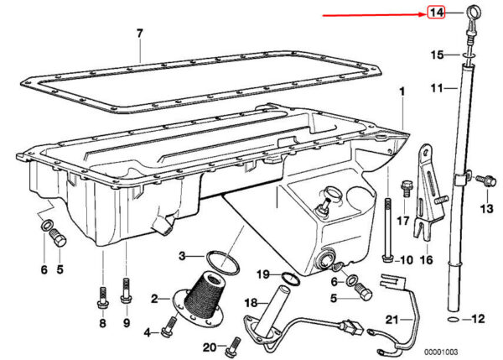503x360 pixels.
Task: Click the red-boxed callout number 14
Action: (x=436, y=13)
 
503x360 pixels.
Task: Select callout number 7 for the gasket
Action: (x=139, y=33)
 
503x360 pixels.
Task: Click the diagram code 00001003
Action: (x=441, y=352)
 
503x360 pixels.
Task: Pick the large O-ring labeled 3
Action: (x=223, y=263)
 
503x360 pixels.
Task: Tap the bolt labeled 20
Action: (x=232, y=347)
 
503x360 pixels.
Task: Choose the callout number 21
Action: (x=392, y=320)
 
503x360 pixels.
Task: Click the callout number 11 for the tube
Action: (x=437, y=87)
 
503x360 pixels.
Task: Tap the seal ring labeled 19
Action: (x=291, y=278)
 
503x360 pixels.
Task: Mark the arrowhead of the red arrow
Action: (x=423, y=14)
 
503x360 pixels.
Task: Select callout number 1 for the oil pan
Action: (x=402, y=91)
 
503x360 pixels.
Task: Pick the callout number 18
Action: (x=251, y=303)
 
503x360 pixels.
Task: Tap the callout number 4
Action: (x=147, y=332)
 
